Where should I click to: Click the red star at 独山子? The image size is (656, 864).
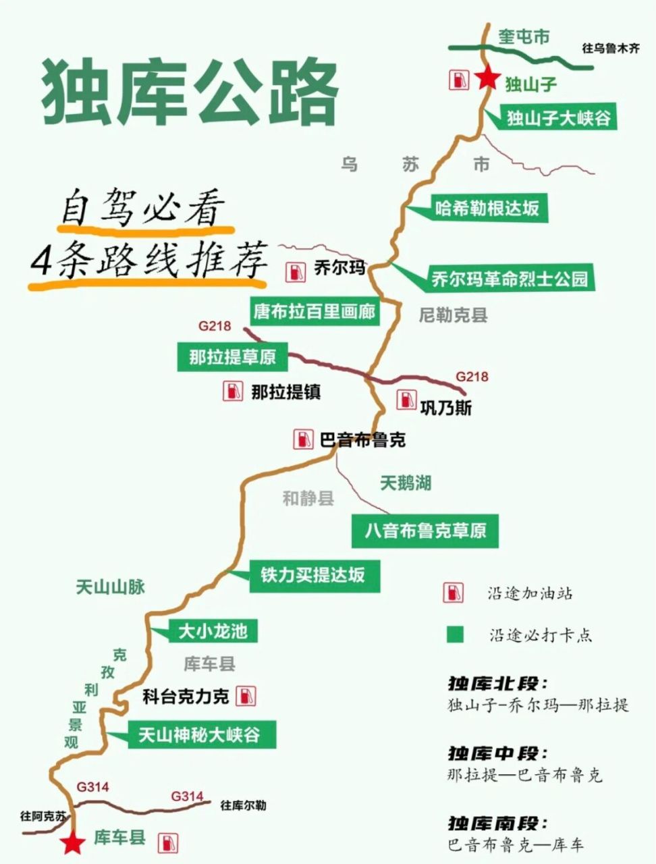pyautogui.click(x=485, y=79)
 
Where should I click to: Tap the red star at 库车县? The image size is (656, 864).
pyautogui.click(x=72, y=842)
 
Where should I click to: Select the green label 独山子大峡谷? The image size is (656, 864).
pyautogui.click(x=559, y=119)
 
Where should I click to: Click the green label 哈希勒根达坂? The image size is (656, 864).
pyautogui.click(x=487, y=208)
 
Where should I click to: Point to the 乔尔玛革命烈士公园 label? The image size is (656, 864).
pyautogui.click(x=510, y=278)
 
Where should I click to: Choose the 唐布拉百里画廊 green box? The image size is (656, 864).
pyautogui.click(x=314, y=312)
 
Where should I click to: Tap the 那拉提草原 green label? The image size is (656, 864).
pyautogui.click(x=232, y=356)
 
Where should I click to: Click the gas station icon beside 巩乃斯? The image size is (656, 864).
pyautogui.click(x=406, y=400)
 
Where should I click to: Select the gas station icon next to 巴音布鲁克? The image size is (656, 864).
pyautogui.click(x=302, y=440)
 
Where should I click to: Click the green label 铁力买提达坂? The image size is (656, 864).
pyautogui.click(x=314, y=575)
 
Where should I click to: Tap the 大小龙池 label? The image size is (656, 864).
pyautogui.click(x=213, y=631)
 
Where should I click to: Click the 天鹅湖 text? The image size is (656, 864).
pyautogui.click(x=405, y=483)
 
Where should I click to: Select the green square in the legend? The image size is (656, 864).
pyautogui.click(x=454, y=634)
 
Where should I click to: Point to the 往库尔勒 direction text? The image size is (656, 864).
pyautogui.click(x=243, y=805)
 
